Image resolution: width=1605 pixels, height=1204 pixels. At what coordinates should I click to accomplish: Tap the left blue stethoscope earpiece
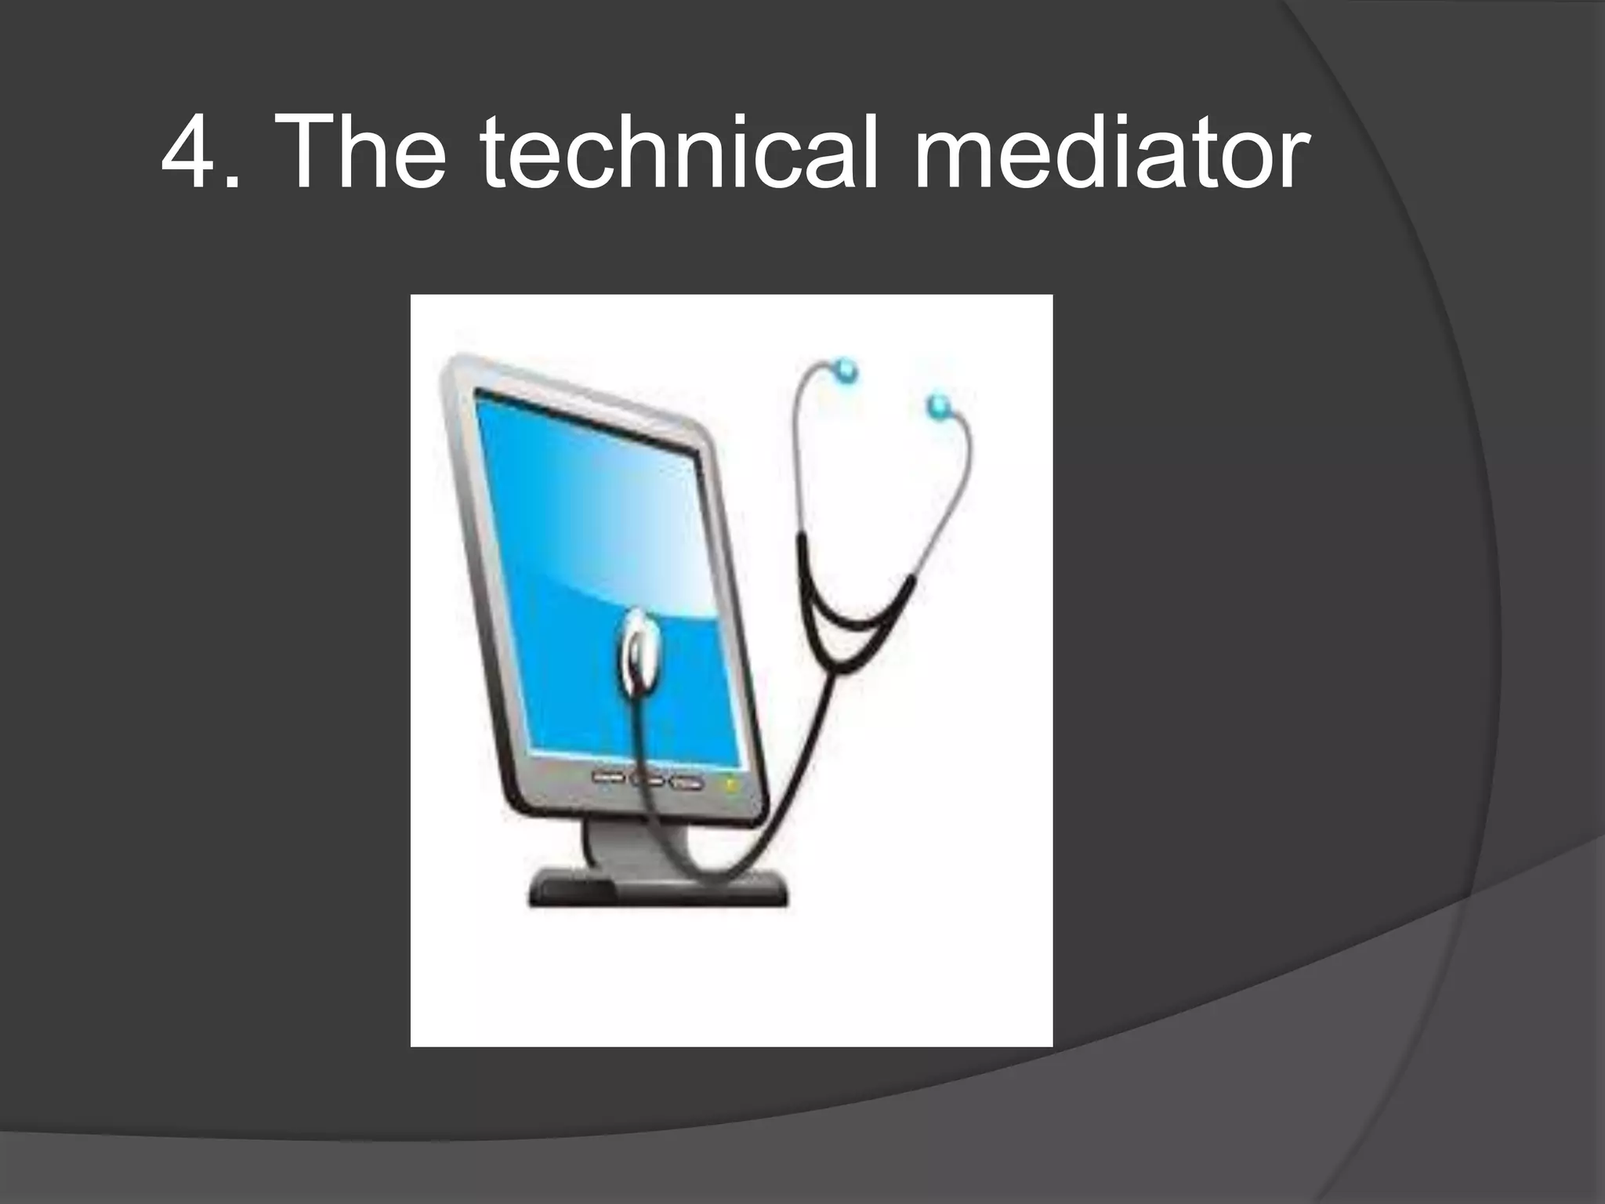click(845, 370)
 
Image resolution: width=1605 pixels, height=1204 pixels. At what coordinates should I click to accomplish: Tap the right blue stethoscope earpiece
click(938, 406)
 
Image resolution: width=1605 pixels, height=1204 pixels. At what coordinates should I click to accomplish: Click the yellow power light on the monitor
click(730, 783)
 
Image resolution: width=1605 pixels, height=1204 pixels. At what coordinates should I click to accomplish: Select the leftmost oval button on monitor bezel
click(607, 777)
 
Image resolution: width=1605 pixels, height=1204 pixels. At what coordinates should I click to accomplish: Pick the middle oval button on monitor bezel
click(647, 780)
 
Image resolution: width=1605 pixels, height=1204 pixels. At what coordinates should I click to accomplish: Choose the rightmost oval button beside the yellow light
click(687, 782)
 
